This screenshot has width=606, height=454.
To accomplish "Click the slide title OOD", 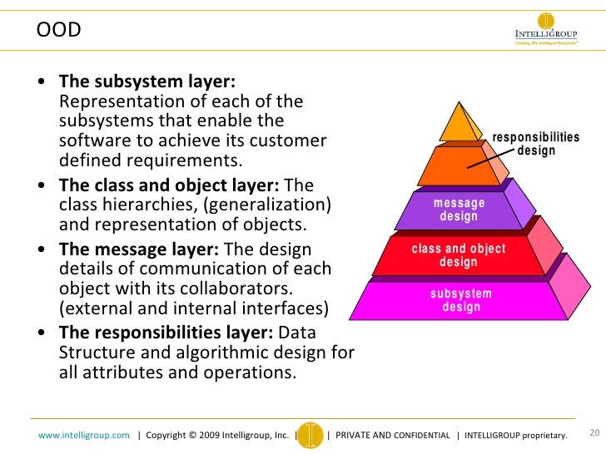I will tap(58, 31).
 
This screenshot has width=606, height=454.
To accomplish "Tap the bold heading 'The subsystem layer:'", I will tap(147, 81).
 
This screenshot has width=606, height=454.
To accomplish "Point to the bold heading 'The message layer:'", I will tap(139, 249).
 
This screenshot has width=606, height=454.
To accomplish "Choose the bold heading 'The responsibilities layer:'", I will tap(166, 332).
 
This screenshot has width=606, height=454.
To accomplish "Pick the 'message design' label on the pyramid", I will tap(459, 210).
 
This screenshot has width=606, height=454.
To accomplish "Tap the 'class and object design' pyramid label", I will tap(459, 256).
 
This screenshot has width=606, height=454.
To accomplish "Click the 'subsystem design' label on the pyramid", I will tap(461, 300).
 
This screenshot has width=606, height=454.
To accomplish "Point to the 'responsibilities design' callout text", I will tap(536, 144).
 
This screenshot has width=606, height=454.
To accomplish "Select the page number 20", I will tap(594, 432).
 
